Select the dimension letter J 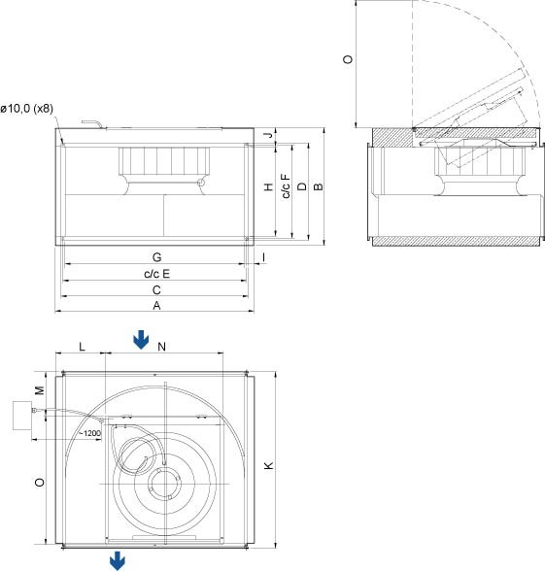coord(267,135)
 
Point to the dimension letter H coord(267,187)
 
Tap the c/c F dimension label coord(285,186)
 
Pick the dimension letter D coord(302,186)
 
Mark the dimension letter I coord(263,256)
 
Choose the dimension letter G coord(155,256)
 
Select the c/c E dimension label coord(155,274)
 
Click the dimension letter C coord(155,290)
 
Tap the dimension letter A coord(155,306)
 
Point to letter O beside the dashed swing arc coord(349,60)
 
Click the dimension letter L coord(82,346)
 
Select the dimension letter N coord(162,346)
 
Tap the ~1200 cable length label coord(90,433)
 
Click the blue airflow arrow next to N coord(142,339)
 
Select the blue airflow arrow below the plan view coord(118,560)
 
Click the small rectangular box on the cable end coord(20,416)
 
